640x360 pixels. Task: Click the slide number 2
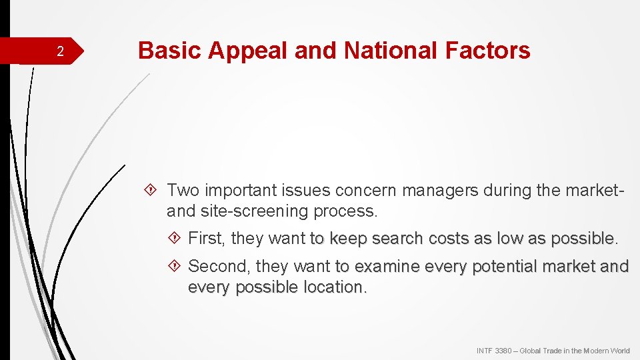point(60,52)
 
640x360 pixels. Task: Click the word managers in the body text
point(441,191)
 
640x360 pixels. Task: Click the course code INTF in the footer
point(485,351)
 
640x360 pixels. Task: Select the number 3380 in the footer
point(503,351)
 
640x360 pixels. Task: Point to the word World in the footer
point(619,351)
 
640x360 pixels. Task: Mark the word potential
point(504,267)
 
